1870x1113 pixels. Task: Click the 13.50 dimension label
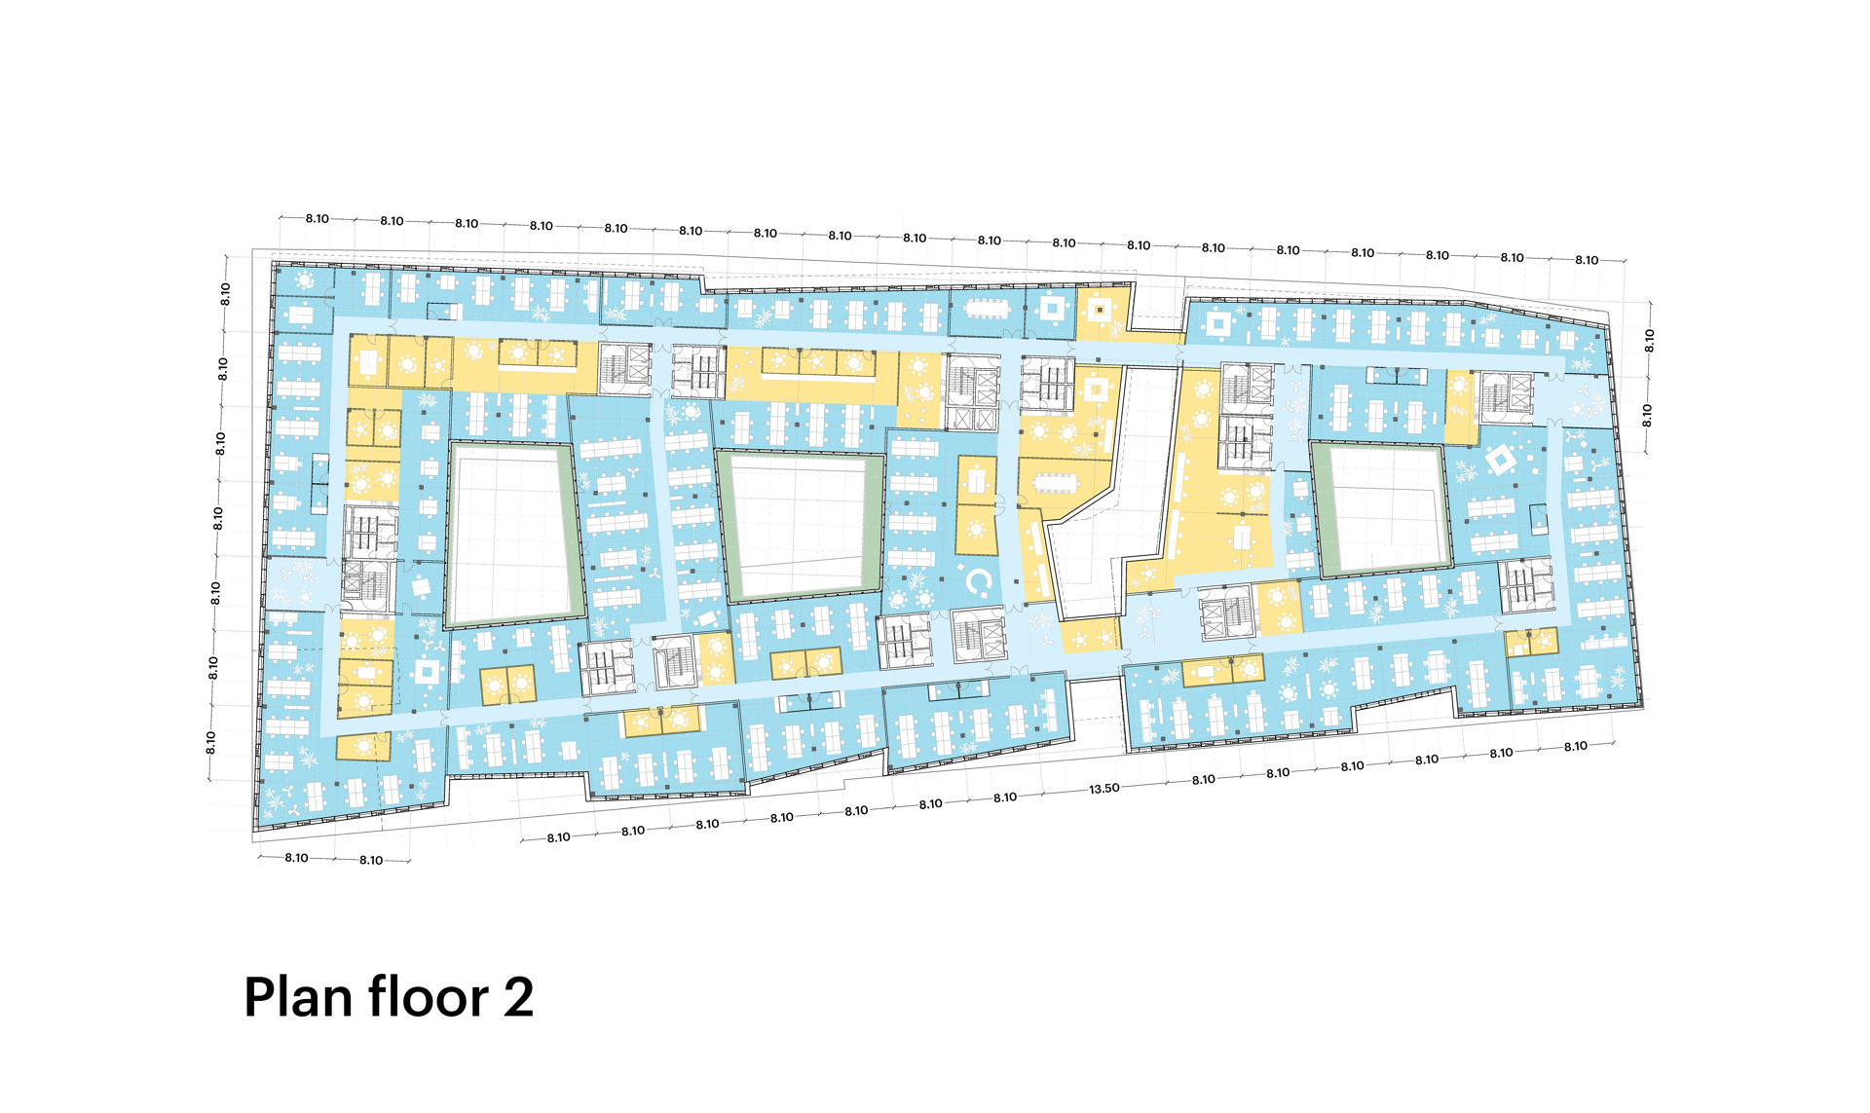pos(1103,789)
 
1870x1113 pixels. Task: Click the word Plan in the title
pos(297,998)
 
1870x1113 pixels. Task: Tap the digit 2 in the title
pos(518,998)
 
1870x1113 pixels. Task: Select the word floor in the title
pos(428,998)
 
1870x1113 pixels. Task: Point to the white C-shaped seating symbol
pos(979,582)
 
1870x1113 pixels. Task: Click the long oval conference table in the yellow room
pos(1056,482)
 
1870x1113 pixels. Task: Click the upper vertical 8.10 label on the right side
pos(1649,340)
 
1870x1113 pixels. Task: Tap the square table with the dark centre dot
pos(1101,310)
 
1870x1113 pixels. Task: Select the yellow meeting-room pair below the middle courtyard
pos(805,664)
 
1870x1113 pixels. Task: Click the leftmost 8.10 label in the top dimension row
pos(318,219)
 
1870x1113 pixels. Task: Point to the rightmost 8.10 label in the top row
pos(1587,260)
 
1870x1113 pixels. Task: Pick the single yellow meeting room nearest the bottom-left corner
pos(363,747)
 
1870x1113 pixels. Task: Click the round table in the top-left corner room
pos(305,280)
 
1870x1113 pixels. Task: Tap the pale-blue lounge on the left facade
pos(292,583)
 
